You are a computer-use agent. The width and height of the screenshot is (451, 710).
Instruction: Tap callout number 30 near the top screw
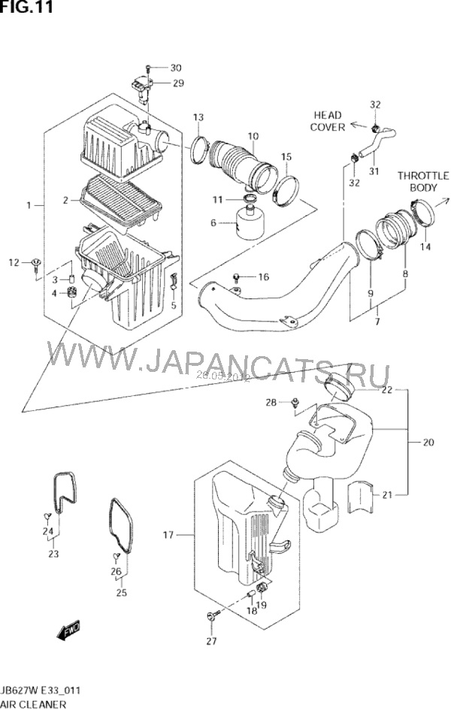[x=177, y=68]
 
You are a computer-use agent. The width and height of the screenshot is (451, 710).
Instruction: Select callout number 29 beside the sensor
[x=177, y=83]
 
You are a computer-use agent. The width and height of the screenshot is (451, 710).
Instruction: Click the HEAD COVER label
[x=327, y=121]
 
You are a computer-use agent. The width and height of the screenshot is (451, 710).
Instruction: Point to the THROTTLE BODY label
[x=423, y=180]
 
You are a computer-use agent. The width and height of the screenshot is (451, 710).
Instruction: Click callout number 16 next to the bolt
[x=263, y=277]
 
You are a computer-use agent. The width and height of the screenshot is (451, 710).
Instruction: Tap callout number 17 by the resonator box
[x=168, y=535]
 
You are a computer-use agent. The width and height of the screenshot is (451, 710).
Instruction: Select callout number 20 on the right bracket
[x=428, y=443]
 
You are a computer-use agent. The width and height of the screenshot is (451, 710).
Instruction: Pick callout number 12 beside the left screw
[x=13, y=261]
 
